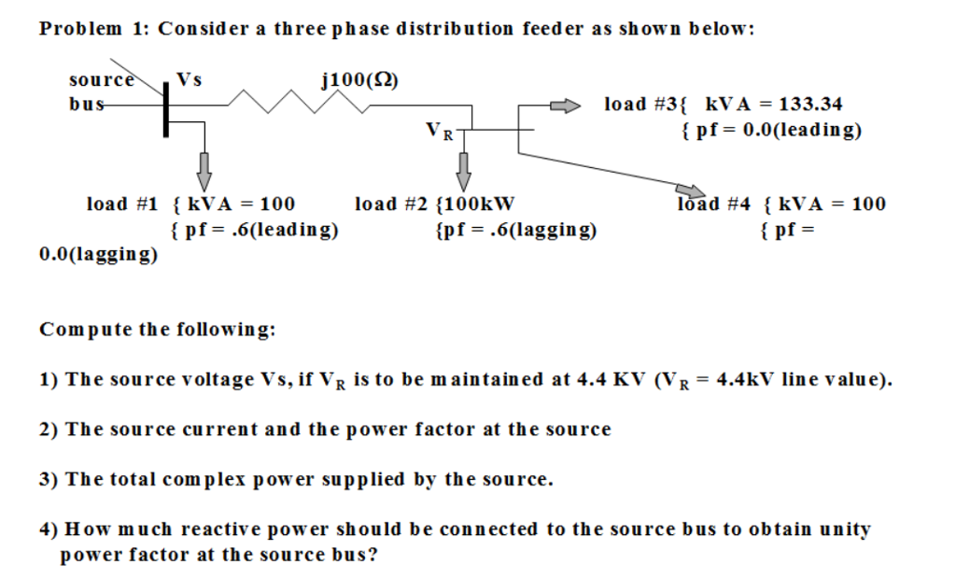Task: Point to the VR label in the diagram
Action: pyautogui.click(x=439, y=131)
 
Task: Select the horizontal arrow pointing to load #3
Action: pyautogui.click(x=564, y=105)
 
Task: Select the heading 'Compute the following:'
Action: pyautogui.click(x=157, y=330)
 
